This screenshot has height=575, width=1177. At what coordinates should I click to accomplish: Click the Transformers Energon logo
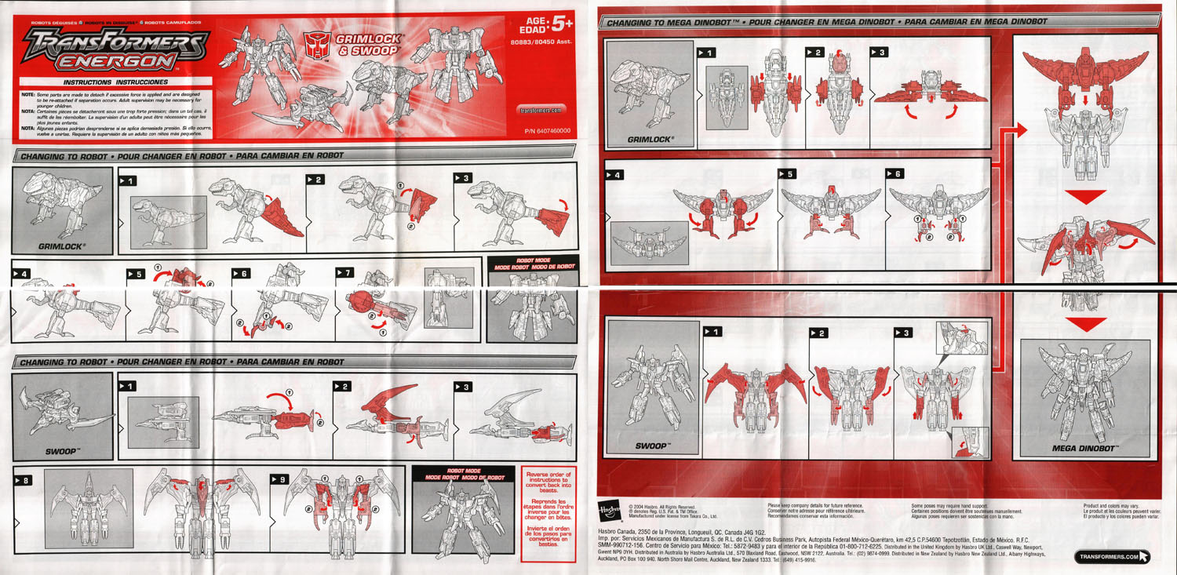[x=116, y=51]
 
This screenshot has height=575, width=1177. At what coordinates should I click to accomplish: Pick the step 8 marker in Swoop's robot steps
[x=22, y=479]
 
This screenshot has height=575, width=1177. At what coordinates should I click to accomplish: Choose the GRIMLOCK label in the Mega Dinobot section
[x=650, y=140]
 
